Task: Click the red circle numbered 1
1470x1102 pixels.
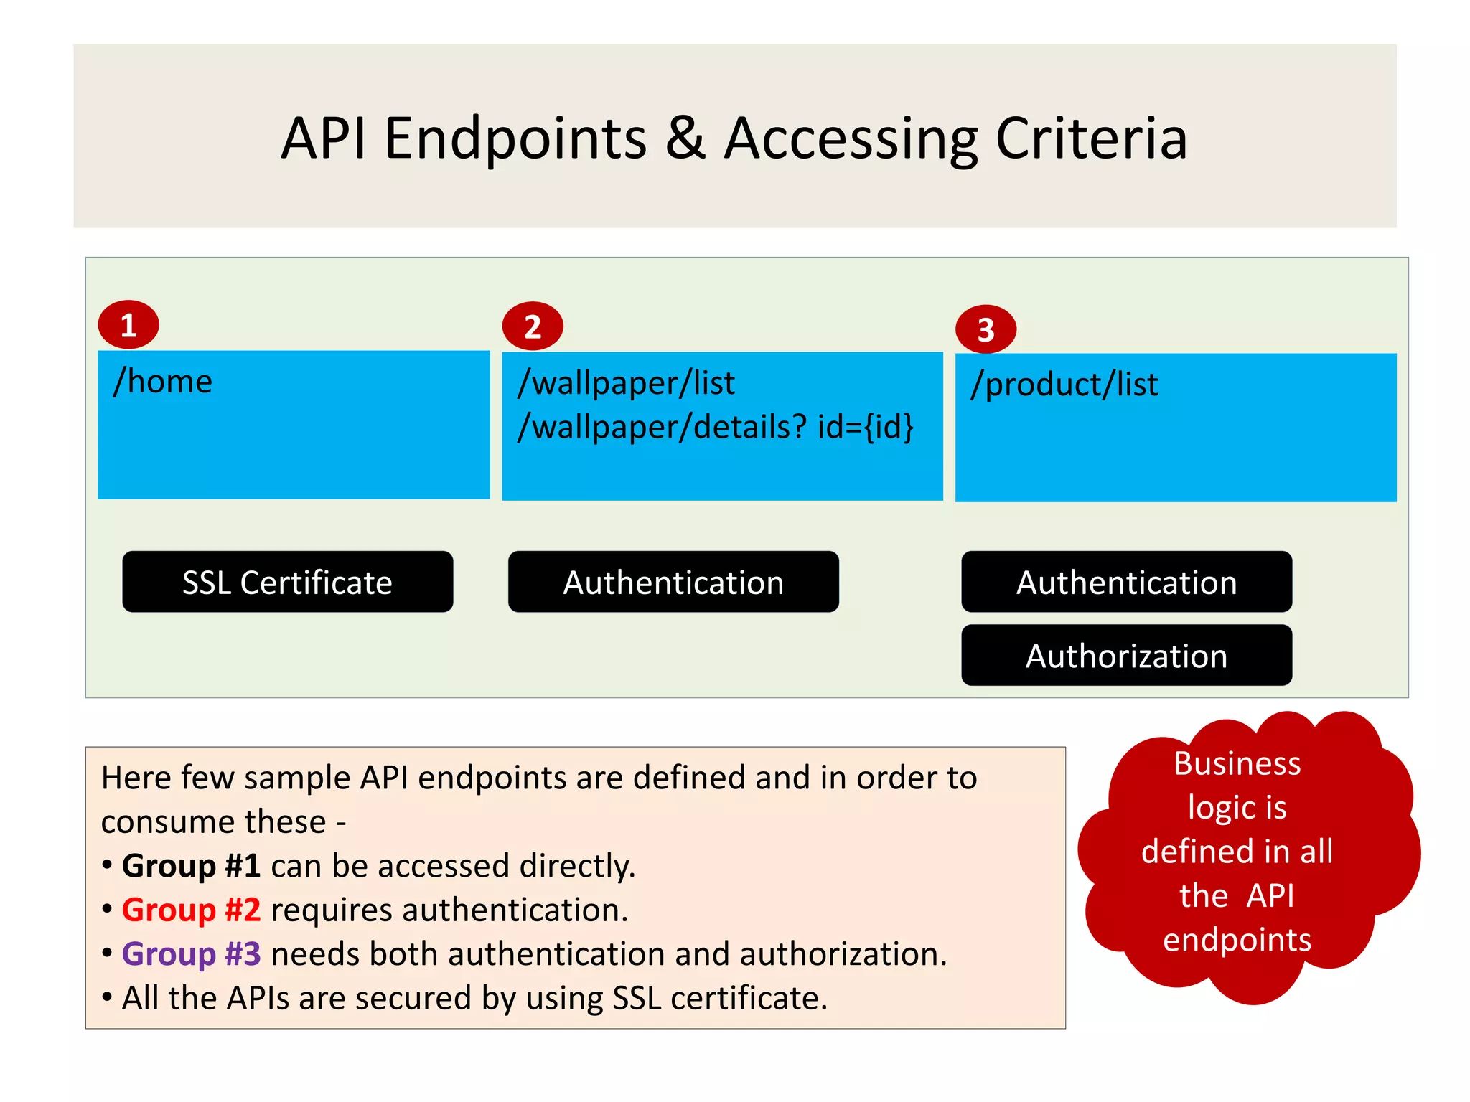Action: [x=128, y=325]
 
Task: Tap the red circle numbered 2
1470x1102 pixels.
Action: [x=533, y=326]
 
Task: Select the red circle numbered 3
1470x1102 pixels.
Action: [x=986, y=329]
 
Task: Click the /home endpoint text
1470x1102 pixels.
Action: [x=163, y=381]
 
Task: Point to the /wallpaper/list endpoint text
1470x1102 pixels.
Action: [x=626, y=383]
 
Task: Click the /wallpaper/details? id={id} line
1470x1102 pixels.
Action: [x=716, y=427]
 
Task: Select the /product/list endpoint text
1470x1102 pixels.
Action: [x=1064, y=385]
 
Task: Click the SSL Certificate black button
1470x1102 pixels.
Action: [x=287, y=582]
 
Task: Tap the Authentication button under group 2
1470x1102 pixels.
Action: [x=673, y=582]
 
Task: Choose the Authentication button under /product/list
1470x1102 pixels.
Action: [x=1126, y=582]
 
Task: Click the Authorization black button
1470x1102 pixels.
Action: [x=1126, y=656]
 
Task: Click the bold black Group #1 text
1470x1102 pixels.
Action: [x=191, y=866]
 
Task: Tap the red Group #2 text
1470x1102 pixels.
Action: [x=191, y=910]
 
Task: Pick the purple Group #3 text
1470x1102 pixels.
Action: [x=191, y=954]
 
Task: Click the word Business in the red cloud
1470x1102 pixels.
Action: [x=1237, y=763]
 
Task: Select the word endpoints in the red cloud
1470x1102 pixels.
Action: [x=1237, y=940]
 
